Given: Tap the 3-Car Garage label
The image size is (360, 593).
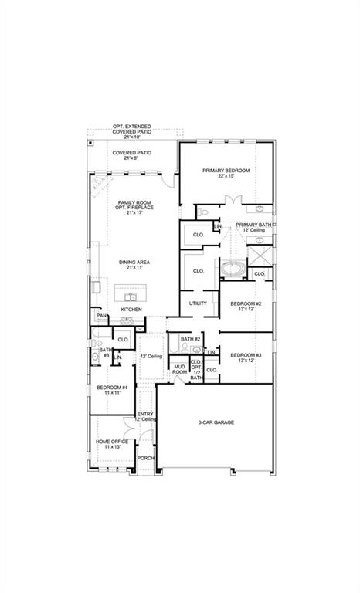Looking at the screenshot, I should pos(216,422).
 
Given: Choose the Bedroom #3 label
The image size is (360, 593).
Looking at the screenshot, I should pos(246,357).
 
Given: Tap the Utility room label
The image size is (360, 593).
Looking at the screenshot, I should pos(198,303).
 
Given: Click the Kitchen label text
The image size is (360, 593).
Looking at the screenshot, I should pos(131,310).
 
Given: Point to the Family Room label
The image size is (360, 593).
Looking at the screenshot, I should pos(134,205).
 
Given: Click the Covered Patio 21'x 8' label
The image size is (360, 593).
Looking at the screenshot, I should pos(131,155).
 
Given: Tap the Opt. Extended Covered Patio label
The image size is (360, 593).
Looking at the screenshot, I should pos(131,131).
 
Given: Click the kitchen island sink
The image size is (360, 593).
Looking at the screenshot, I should pos(131,296).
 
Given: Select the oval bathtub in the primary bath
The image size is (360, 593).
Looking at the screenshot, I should pos(234,270).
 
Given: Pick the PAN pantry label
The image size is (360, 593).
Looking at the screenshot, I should pos(101,316).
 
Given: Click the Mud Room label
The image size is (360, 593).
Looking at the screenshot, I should pos(180,369).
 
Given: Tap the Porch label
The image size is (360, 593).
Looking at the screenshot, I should pos(146,458).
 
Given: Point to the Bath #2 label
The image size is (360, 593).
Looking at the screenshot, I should pos(191,339).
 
